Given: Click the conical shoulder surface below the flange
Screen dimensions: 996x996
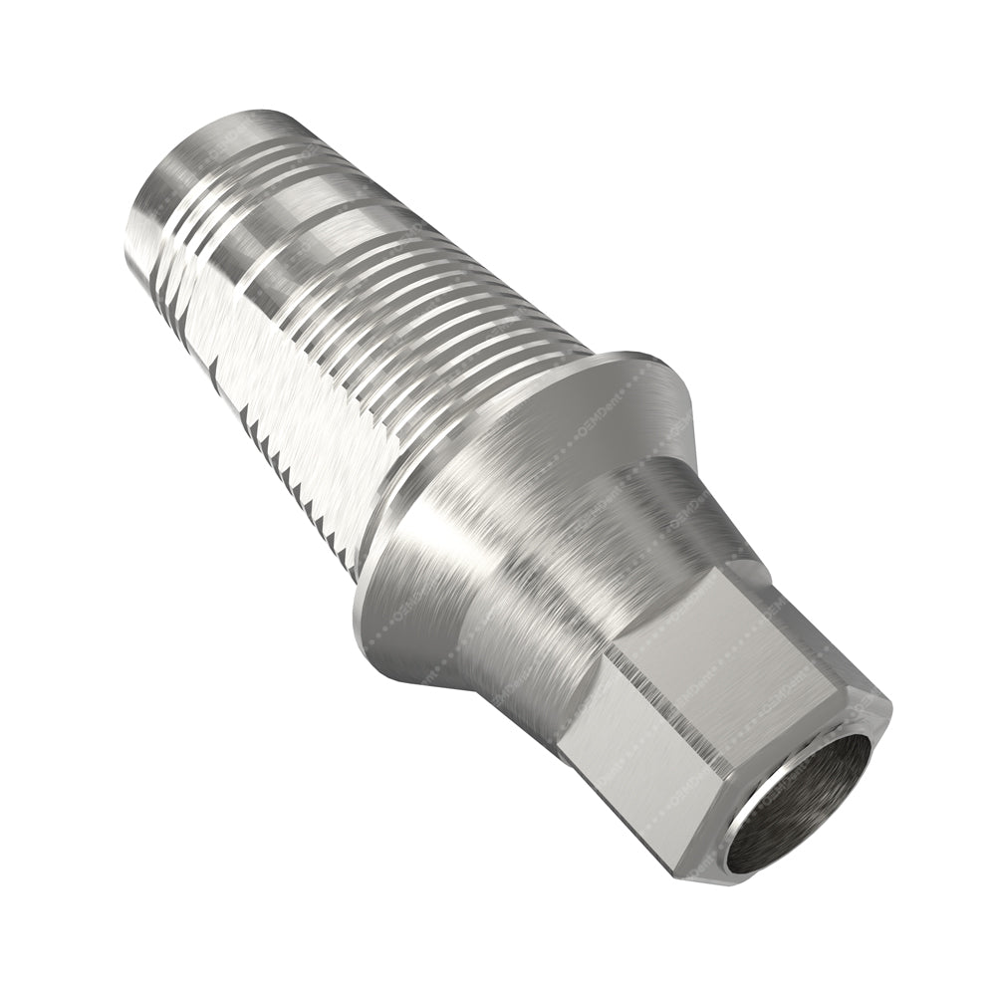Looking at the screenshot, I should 468,578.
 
